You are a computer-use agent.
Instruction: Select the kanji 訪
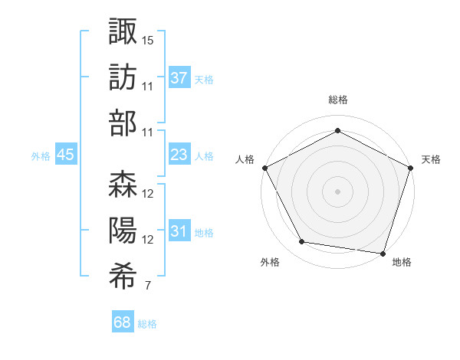coord(123,77)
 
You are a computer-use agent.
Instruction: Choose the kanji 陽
coord(123,231)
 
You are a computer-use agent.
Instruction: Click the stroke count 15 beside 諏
coord(148,39)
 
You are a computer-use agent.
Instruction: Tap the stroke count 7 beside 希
coord(147,286)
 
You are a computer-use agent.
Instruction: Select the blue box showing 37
coord(179,78)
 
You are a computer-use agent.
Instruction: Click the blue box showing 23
coord(179,155)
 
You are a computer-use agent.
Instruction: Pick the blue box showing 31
coord(179,232)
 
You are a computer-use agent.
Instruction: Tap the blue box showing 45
coord(66,155)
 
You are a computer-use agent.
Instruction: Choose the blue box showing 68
coord(123,323)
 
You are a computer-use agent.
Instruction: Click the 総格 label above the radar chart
coord(337,100)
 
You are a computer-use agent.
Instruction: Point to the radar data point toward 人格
coord(264,167)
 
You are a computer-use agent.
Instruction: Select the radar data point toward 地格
coord(383,253)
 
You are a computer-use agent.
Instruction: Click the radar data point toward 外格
coord(302,242)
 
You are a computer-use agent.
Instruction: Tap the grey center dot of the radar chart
coord(337,191)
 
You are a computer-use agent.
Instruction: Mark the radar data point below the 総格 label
coord(337,132)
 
